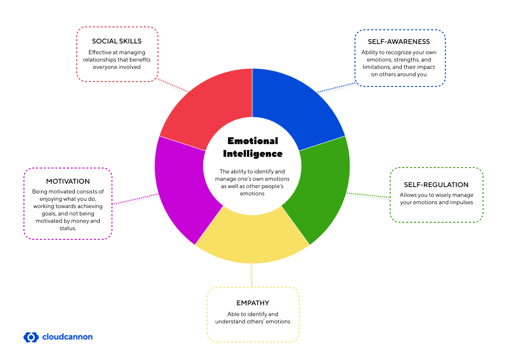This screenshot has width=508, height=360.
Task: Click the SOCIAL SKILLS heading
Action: (117, 41)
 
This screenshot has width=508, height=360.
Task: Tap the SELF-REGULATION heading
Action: (436, 185)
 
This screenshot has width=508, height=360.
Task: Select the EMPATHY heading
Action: (253, 303)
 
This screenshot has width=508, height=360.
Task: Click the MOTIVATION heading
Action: (68, 181)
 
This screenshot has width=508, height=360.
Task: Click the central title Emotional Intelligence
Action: (253, 147)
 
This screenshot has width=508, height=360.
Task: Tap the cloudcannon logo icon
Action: (31, 337)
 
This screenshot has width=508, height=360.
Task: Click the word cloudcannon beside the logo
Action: (67, 337)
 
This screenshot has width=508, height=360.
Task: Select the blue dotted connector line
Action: (336, 85)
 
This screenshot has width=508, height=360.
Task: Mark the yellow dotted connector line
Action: (252, 275)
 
